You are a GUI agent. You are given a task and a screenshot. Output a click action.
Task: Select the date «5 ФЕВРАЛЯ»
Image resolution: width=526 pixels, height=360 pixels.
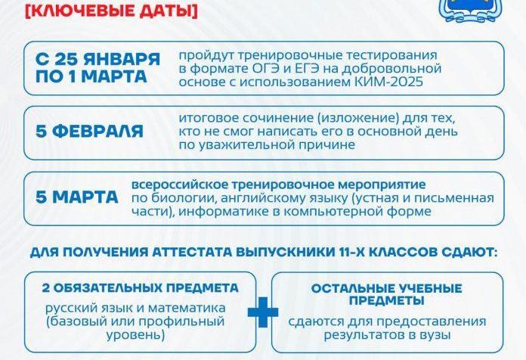tap(89, 132)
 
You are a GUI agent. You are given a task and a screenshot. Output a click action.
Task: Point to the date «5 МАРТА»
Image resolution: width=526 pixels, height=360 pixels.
tap(77, 197)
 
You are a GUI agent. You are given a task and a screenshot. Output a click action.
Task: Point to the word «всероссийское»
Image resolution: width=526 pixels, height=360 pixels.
tap(175, 185)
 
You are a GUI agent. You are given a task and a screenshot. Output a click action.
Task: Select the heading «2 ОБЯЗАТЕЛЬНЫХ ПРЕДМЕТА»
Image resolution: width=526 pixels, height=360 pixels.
tap(131, 288)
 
